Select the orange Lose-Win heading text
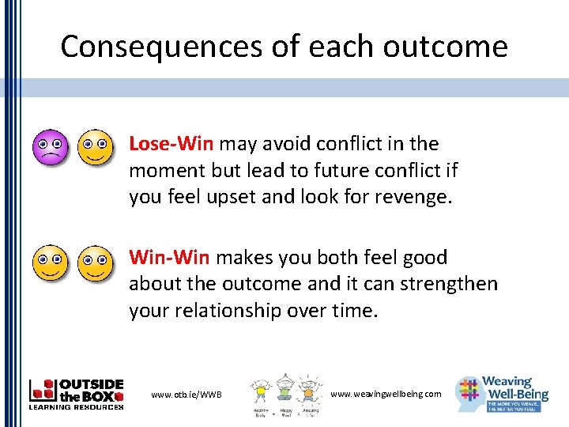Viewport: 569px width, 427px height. [x=171, y=144]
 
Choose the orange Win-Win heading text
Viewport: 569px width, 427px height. [x=169, y=258]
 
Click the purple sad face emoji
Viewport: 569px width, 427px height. [x=50, y=146]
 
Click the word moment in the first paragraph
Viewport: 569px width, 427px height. [x=164, y=171]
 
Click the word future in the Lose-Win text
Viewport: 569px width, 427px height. [x=340, y=171]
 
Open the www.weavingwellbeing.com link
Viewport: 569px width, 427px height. [x=386, y=394]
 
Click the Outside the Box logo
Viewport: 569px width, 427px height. [x=76, y=393]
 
